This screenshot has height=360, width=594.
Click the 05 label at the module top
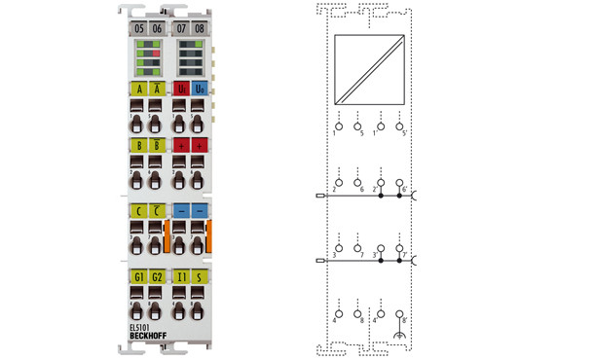click(139, 29)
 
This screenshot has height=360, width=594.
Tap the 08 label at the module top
click(200, 29)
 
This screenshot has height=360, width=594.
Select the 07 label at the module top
click(181, 29)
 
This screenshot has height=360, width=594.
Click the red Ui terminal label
click(181, 90)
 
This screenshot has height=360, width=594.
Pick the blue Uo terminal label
click(200, 90)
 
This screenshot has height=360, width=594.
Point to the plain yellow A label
click(138, 90)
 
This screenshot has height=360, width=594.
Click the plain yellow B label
click(138, 145)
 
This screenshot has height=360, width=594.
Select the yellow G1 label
click(138, 276)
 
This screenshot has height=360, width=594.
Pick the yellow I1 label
click(181, 276)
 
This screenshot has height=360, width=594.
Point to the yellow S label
click(200, 276)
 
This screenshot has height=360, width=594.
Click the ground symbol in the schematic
click(400, 338)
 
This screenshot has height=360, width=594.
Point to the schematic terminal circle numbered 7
click(358, 248)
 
